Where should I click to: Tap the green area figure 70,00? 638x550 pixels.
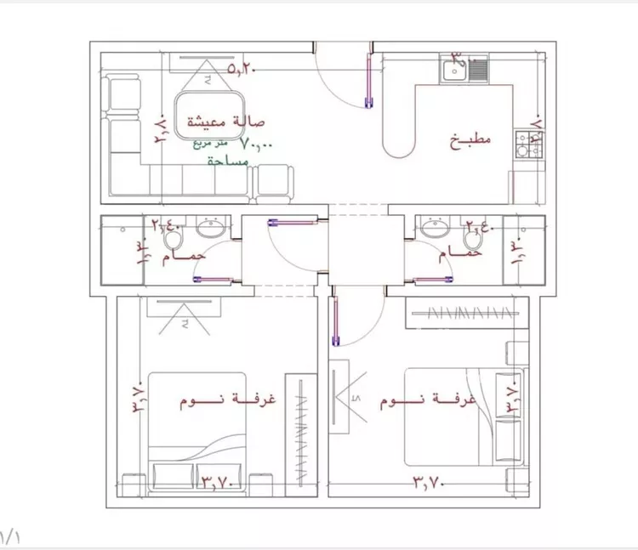(256, 145)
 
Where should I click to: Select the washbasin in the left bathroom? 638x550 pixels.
(211, 228)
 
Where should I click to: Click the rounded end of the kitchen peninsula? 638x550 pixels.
(397, 145)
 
